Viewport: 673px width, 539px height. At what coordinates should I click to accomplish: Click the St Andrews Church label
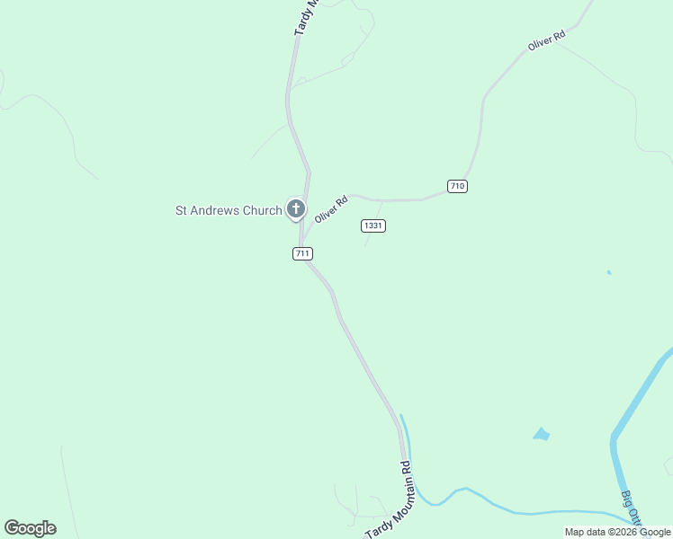[228, 211]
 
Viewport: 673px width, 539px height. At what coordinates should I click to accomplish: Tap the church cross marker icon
[295, 210]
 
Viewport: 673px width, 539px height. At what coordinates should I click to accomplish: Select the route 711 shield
[302, 254]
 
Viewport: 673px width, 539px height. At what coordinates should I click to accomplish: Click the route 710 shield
[457, 186]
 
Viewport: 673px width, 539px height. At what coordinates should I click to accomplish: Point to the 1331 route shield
[373, 225]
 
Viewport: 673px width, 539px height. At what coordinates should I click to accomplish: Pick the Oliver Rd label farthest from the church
[546, 40]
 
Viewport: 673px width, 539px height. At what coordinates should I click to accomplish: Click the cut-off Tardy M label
[306, 17]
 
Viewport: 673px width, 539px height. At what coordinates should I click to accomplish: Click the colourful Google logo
[30, 528]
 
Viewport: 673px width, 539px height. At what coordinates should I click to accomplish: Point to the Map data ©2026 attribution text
[617, 532]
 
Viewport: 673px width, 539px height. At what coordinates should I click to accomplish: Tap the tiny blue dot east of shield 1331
[609, 272]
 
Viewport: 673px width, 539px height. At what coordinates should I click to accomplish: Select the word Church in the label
[263, 211]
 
